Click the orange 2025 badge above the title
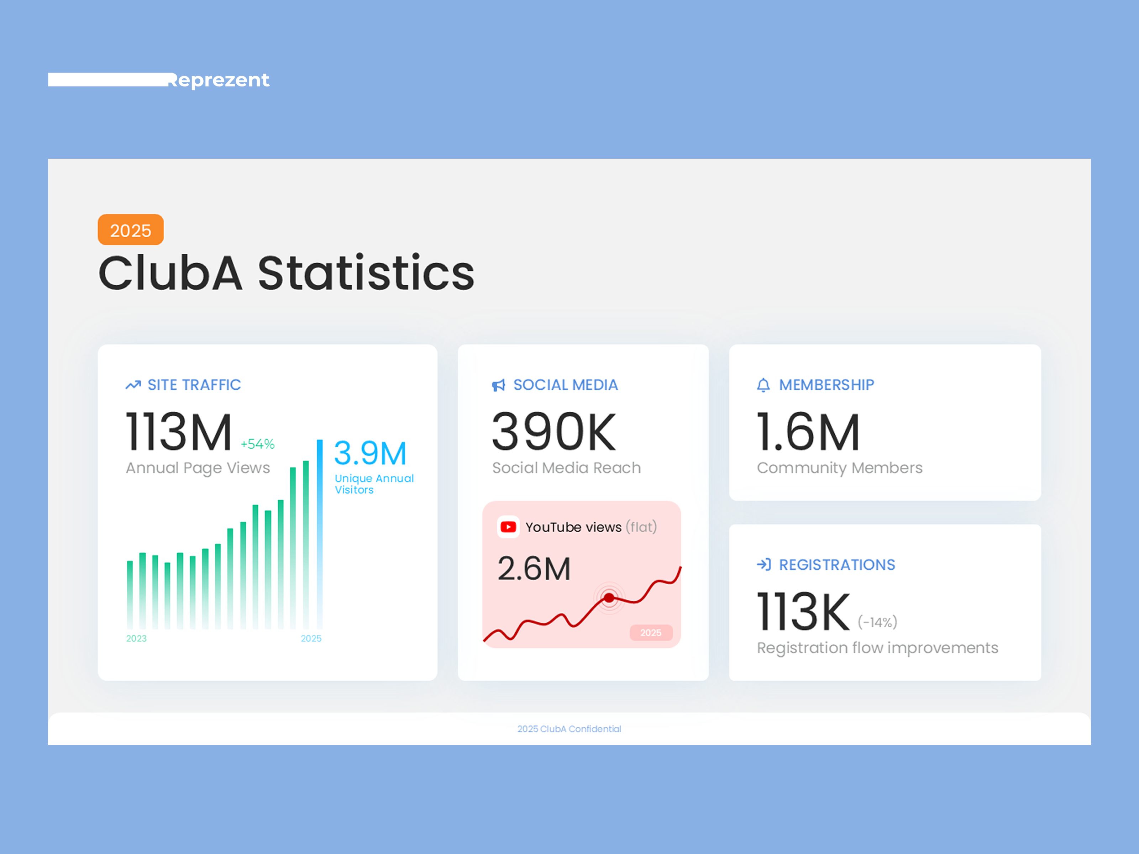tap(130, 230)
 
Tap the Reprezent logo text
tap(218, 80)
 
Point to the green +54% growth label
tap(257, 444)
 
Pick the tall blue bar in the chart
tap(320, 533)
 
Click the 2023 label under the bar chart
tap(136, 638)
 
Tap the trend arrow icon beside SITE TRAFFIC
tap(133, 385)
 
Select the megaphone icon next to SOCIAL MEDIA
tap(498, 385)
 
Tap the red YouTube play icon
tap(508, 527)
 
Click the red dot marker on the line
tap(609, 598)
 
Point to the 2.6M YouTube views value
tap(534, 569)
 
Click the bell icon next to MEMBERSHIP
tap(763, 385)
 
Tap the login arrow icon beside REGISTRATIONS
tap(763, 564)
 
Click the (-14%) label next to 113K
tap(877, 622)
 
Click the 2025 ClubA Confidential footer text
tap(569, 729)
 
